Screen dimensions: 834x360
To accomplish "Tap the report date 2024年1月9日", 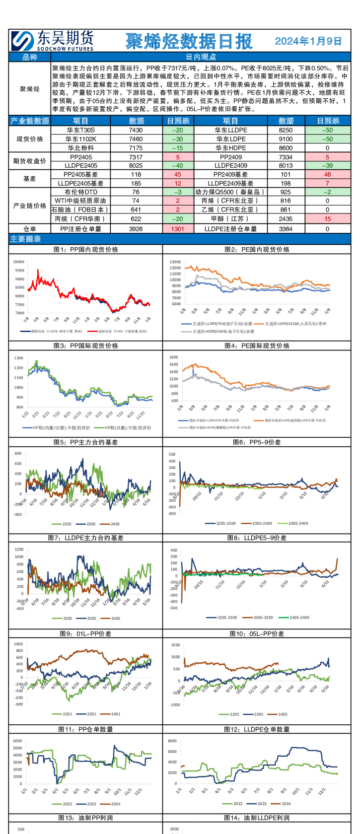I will [x=308, y=41].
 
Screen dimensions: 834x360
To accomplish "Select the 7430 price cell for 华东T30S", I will [x=136, y=130].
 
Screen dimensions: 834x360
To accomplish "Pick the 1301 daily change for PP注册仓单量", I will [x=177, y=229].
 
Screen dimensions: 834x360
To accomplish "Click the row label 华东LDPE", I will [x=230, y=139].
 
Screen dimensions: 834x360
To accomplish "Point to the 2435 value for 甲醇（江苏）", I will [x=286, y=218].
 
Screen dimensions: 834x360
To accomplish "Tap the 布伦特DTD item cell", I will [x=80, y=192].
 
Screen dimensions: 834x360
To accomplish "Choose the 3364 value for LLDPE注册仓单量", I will [x=286, y=229].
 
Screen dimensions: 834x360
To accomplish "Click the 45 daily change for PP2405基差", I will [x=177, y=174].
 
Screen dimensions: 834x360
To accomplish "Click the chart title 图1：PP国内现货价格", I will [x=85, y=249].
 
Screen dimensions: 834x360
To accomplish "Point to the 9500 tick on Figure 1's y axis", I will [x=19, y=271].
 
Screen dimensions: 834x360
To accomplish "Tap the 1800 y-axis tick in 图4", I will [x=173, y=357].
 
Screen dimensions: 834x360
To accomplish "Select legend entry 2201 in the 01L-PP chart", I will [x=67, y=714].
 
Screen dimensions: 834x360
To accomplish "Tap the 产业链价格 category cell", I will [x=30, y=205].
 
